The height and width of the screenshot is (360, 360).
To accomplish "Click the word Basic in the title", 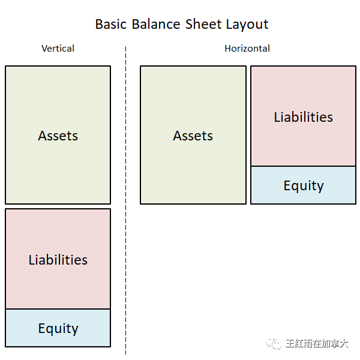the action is click(111, 24).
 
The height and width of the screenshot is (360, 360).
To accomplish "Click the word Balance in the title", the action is click(156, 24).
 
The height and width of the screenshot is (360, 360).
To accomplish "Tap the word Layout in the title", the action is click(247, 25).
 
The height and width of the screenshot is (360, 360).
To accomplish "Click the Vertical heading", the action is click(58, 49).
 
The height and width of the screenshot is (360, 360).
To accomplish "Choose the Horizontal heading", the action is click(247, 49).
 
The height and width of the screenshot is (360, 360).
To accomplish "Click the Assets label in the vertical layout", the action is click(58, 136).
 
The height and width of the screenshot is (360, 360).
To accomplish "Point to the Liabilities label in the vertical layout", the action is click(58, 260).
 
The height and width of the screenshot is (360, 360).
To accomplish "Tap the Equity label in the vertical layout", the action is click(58, 329).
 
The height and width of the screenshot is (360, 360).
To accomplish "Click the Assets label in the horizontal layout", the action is click(193, 136).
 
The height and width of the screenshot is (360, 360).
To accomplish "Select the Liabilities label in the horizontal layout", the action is click(303, 117).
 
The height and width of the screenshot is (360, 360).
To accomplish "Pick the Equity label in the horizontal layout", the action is click(304, 186).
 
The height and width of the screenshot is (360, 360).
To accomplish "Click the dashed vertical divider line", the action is click(125, 200).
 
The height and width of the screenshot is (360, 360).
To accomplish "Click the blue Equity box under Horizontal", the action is click(303, 185).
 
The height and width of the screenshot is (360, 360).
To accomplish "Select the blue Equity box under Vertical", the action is click(58, 328).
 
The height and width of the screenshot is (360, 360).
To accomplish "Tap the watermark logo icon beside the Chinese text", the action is click(274, 343).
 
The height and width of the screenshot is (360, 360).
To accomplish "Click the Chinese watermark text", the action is click(317, 344).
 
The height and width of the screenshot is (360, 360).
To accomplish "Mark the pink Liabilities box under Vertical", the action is click(58, 259).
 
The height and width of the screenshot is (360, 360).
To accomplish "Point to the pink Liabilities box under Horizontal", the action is click(303, 116).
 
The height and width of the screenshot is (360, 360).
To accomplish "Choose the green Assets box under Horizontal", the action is click(193, 135).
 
